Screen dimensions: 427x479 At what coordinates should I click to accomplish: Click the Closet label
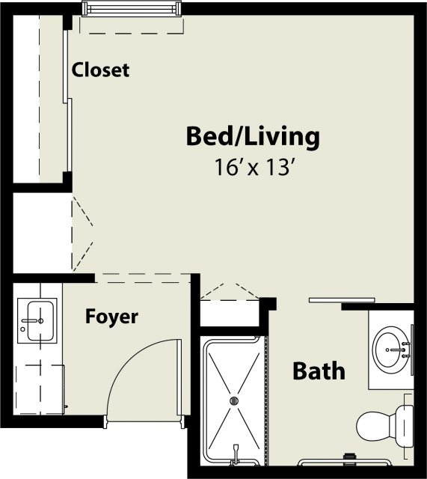[100, 70]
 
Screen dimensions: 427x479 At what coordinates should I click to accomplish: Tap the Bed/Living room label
[253, 137]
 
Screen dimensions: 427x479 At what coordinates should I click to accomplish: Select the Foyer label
[111, 317]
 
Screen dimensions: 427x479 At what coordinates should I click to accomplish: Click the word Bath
[319, 371]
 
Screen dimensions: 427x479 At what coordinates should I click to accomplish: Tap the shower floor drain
[234, 400]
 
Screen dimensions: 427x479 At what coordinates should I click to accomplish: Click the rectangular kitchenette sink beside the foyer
[40, 321]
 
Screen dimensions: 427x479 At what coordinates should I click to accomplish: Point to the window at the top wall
[132, 8]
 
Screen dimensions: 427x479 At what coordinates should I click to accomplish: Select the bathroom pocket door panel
[342, 300]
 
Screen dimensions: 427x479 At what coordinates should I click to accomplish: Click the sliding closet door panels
[67, 101]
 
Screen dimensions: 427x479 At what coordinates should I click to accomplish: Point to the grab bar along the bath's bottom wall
[344, 462]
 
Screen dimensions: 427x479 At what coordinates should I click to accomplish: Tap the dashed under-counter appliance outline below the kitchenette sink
[40, 389]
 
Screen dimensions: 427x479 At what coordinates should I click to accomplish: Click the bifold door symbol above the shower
[230, 292]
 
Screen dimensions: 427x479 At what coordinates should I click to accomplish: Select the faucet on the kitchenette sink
[32, 321]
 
